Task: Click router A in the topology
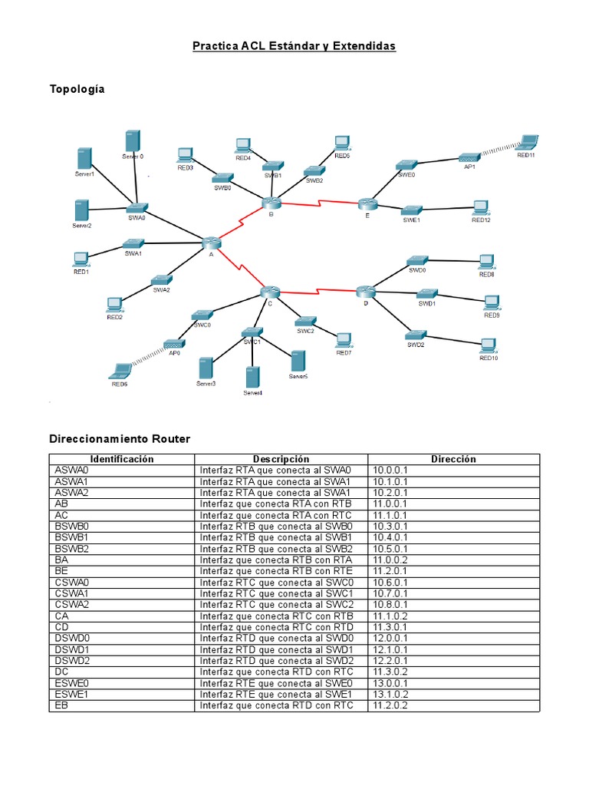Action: [212, 243]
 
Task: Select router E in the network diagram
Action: [367, 203]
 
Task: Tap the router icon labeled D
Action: [366, 291]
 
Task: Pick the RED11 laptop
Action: [528, 142]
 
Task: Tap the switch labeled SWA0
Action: [137, 207]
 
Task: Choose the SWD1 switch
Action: [426, 293]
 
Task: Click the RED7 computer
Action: [343, 339]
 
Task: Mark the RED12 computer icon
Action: [481, 207]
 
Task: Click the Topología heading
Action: [77, 89]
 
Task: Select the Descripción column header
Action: [281, 459]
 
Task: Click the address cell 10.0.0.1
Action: [390, 470]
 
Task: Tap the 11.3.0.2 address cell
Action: [390, 672]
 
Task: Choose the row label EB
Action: [62, 705]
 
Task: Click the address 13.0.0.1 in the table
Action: [390, 683]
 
